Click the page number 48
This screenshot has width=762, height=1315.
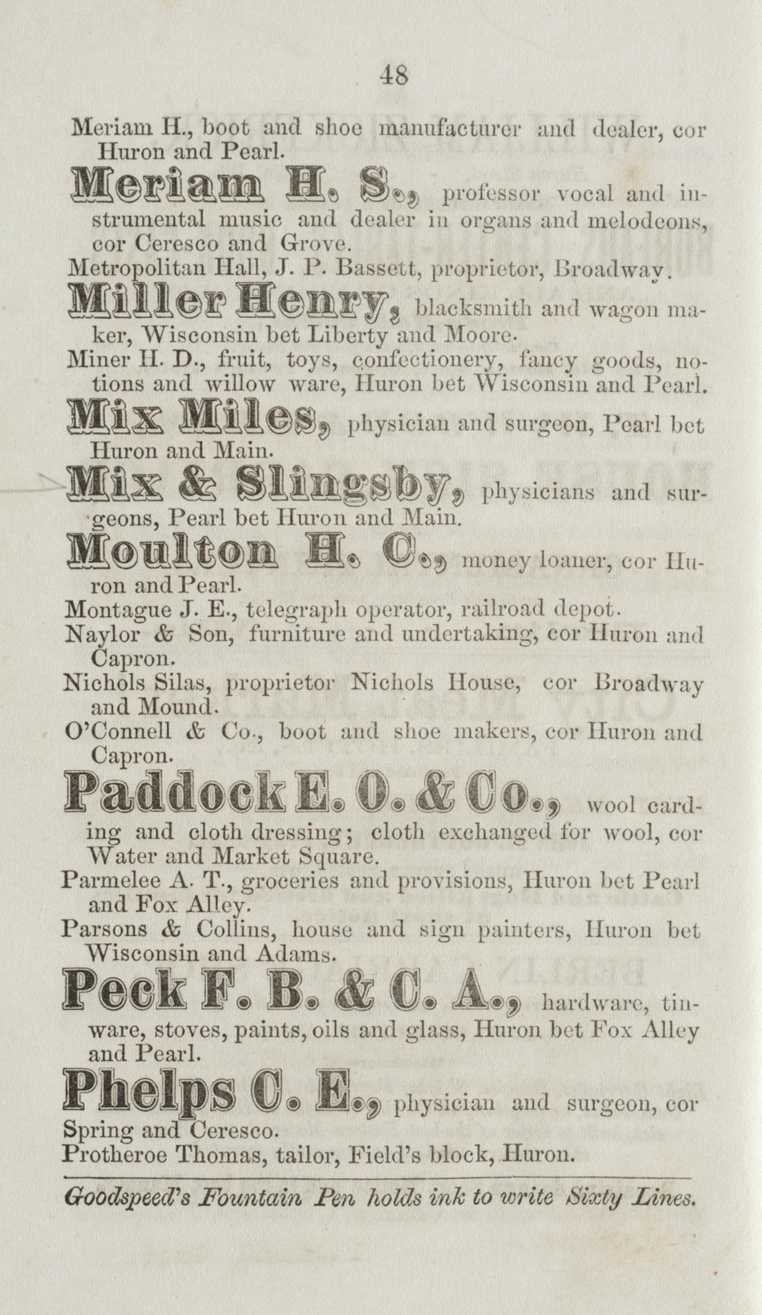(394, 76)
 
